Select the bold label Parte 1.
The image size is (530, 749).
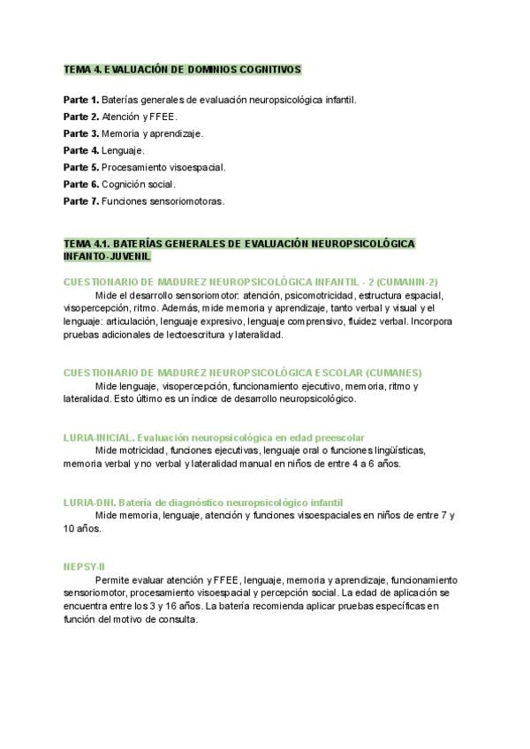pos(80,100)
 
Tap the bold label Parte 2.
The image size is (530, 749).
pos(80,117)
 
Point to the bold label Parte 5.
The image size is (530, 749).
pos(80,167)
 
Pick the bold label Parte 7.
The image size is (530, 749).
pos(80,200)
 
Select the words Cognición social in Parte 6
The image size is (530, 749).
pos(139,184)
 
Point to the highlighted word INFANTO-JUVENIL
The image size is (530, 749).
pos(107,256)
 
